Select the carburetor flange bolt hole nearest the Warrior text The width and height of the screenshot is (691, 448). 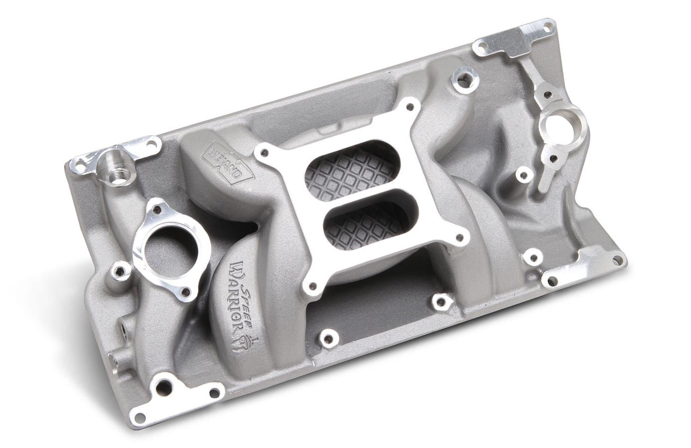click(x=313, y=286)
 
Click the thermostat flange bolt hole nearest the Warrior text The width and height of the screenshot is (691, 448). click(x=187, y=292)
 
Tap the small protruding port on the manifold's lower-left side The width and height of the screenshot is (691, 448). click(x=114, y=358)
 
